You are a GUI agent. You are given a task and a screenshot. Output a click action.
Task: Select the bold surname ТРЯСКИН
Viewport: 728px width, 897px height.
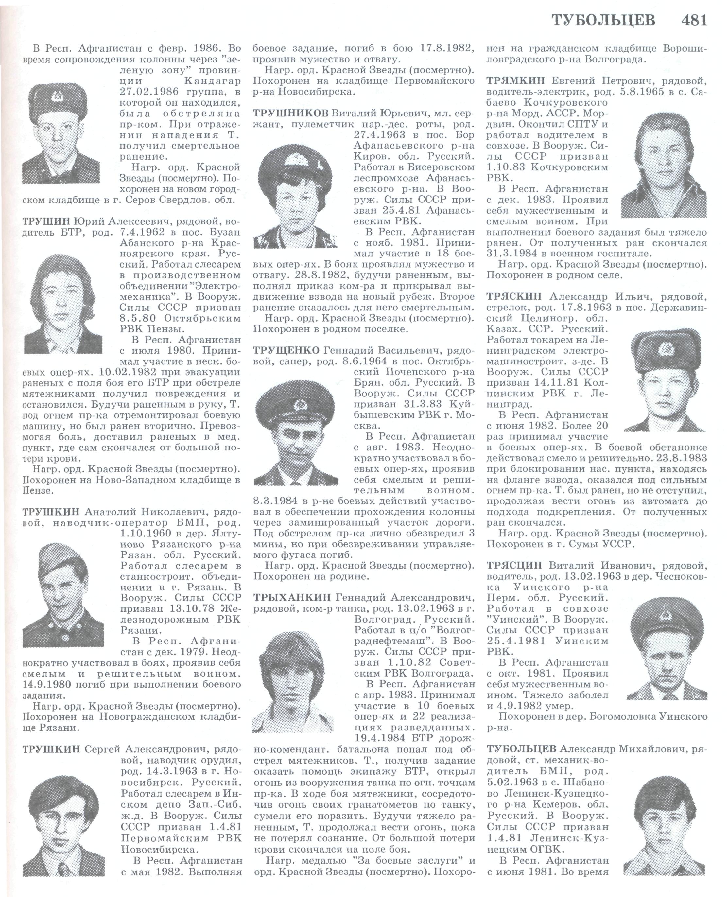[x=514, y=297]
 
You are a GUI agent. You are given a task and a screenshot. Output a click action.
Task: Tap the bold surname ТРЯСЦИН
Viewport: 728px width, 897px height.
[x=514, y=565]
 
